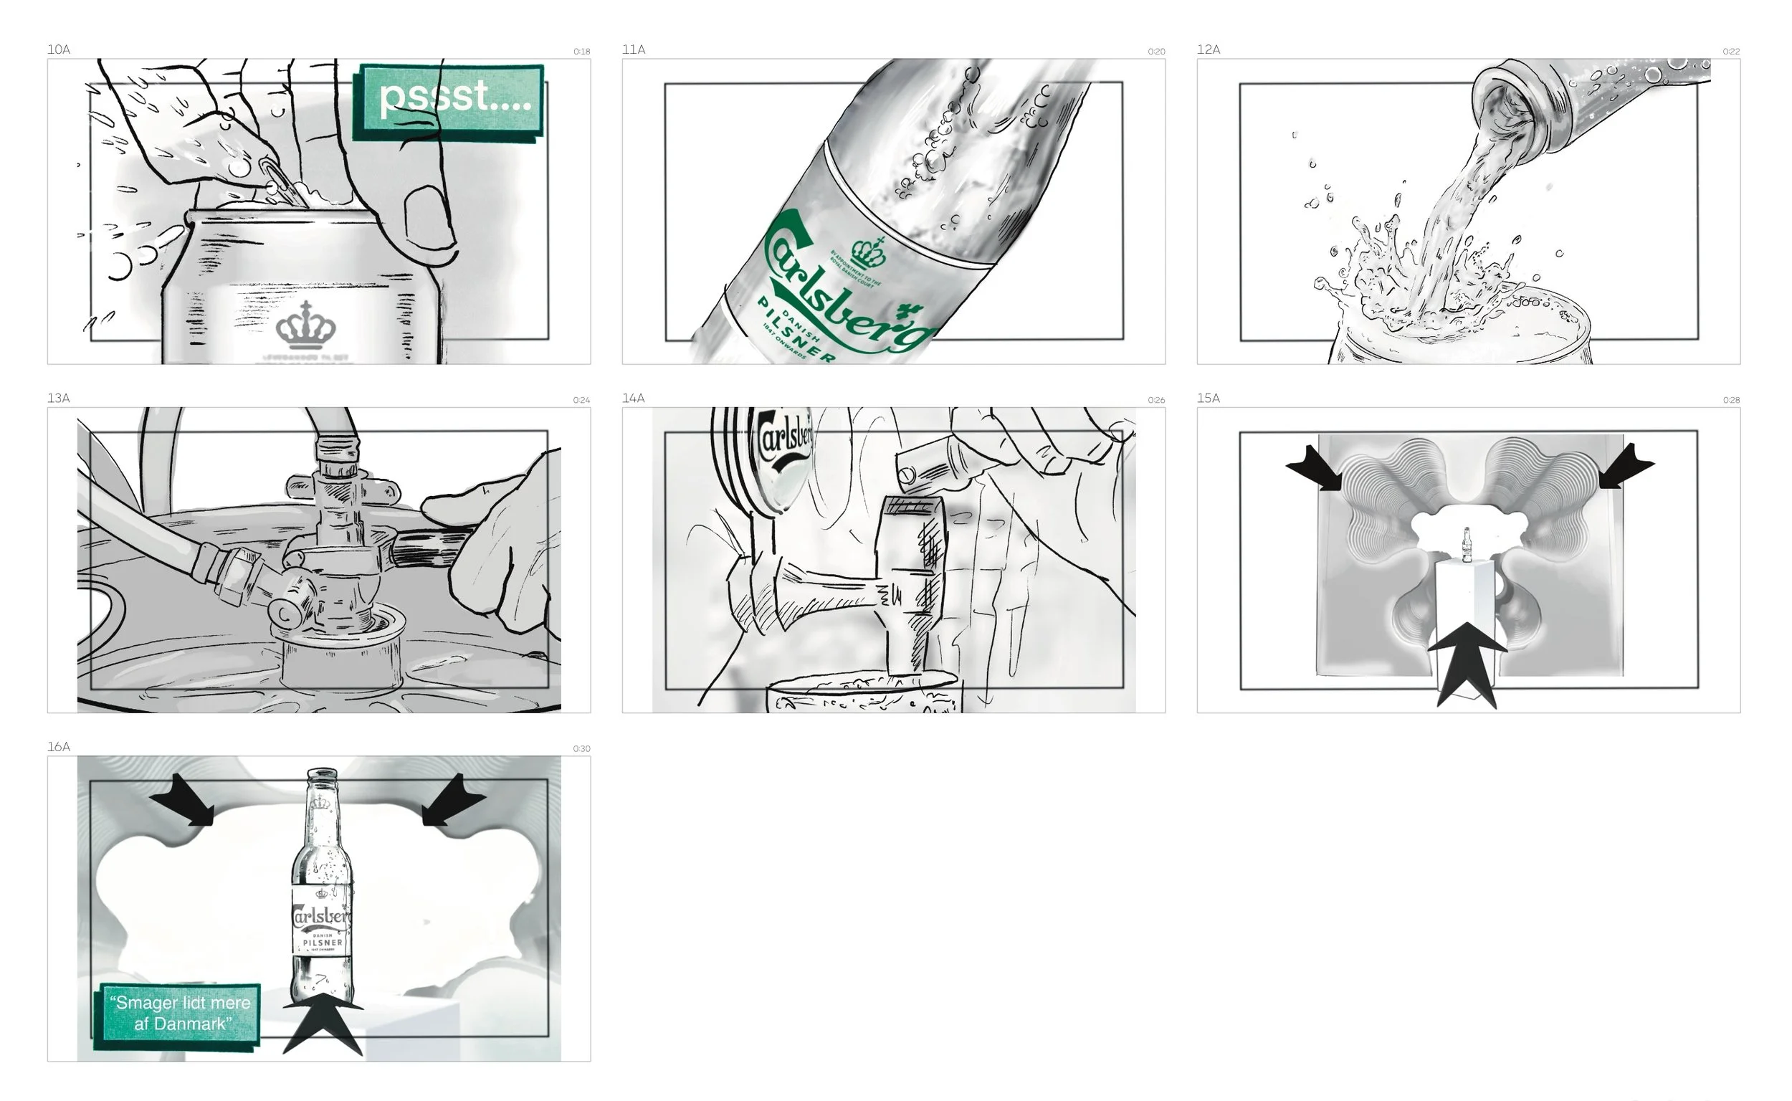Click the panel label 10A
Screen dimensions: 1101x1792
(x=59, y=49)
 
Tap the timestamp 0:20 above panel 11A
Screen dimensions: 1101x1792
(x=1155, y=52)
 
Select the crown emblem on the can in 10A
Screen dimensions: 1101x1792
(x=306, y=325)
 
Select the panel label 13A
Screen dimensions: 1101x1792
(x=59, y=399)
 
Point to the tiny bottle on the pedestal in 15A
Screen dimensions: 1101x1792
(x=1467, y=545)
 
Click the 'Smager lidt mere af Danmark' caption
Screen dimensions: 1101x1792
(x=180, y=1013)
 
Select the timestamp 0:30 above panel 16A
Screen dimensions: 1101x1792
(x=581, y=748)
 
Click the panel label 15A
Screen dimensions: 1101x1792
(x=1208, y=399)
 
